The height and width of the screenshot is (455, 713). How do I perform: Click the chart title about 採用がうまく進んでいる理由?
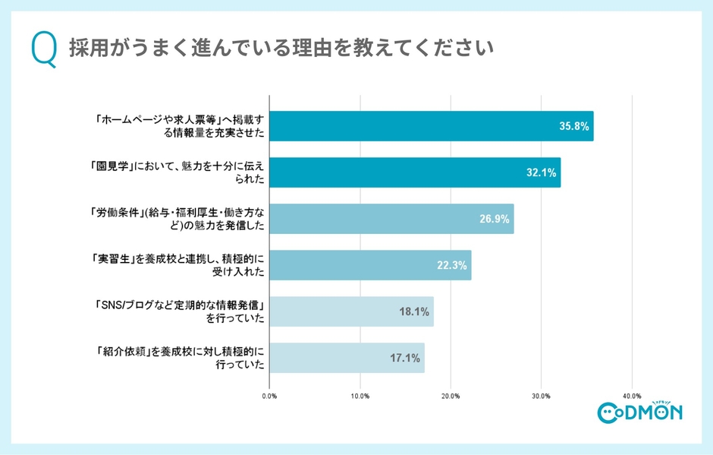click(x=281, y=48)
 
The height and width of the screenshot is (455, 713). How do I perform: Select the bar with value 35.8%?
click(x=431, y=126)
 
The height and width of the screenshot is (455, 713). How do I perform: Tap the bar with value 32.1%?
click(x=415, y=172)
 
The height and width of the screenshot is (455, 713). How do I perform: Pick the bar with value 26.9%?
click(x=391, y=219)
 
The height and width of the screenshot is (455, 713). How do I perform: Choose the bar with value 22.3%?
click(x=370, y=265)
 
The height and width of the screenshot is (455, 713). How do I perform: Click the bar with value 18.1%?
click(x=351, y=311)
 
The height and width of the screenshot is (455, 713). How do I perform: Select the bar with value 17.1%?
click(x=347, y=358)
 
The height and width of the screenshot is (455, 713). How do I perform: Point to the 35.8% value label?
click(x=573, y=126)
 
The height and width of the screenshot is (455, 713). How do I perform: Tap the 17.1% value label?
click(x=404, y=358)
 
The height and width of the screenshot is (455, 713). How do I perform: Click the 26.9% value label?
click(x=493, y=219)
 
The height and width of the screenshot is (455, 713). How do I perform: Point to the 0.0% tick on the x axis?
click(x=269, y=396)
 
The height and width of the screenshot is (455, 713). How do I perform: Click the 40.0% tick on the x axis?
click(x=632, y=396)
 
